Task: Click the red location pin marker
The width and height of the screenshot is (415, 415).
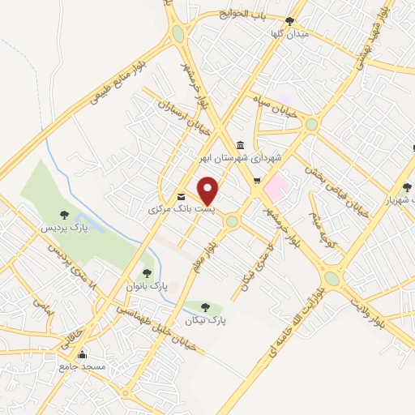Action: tap(208, 190)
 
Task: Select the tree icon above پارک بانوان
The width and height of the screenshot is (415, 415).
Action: tap(147, 273)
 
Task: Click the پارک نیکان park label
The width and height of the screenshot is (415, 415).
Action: tap(205, 321)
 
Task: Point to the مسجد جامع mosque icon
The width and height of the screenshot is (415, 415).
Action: tap(81, 354)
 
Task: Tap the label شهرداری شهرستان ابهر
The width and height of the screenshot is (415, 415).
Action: tap(242, 157)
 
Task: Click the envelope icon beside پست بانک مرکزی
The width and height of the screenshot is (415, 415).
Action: tap(180, 197)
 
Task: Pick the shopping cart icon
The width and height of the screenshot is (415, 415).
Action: tap(257, 181)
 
